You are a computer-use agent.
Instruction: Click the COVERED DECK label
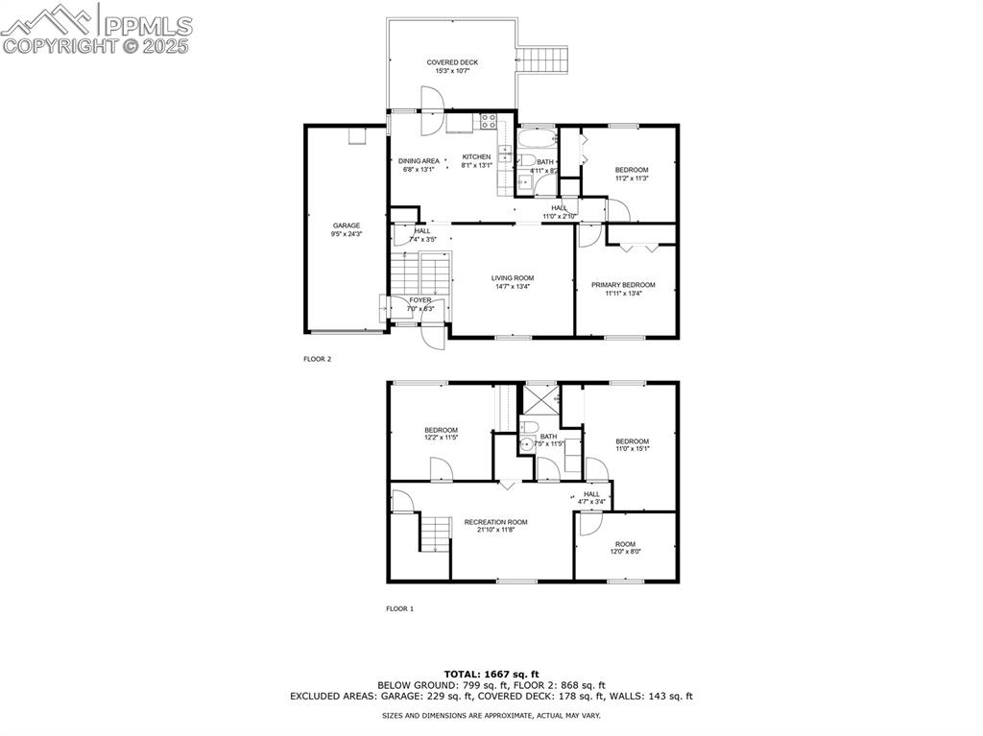(452, 62)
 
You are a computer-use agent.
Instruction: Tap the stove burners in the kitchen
(488, 122)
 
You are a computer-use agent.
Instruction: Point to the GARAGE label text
(347, 226)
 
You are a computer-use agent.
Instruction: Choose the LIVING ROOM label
(512, 278)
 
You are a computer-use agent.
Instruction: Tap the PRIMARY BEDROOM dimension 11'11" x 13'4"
(623, 294)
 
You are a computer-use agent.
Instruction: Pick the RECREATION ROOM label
(495, 522)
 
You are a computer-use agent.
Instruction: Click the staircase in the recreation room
(436, 533)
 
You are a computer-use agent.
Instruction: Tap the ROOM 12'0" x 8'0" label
(625, 548)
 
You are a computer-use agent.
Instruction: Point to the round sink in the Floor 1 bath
(526, 444)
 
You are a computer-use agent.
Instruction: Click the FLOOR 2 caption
(317, 359)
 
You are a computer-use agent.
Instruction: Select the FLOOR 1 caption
(399, 608)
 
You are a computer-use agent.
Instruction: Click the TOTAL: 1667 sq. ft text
(491, 674)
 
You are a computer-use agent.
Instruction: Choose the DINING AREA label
(419, 160)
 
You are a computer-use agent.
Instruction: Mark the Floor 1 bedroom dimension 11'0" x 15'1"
(632, 448)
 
